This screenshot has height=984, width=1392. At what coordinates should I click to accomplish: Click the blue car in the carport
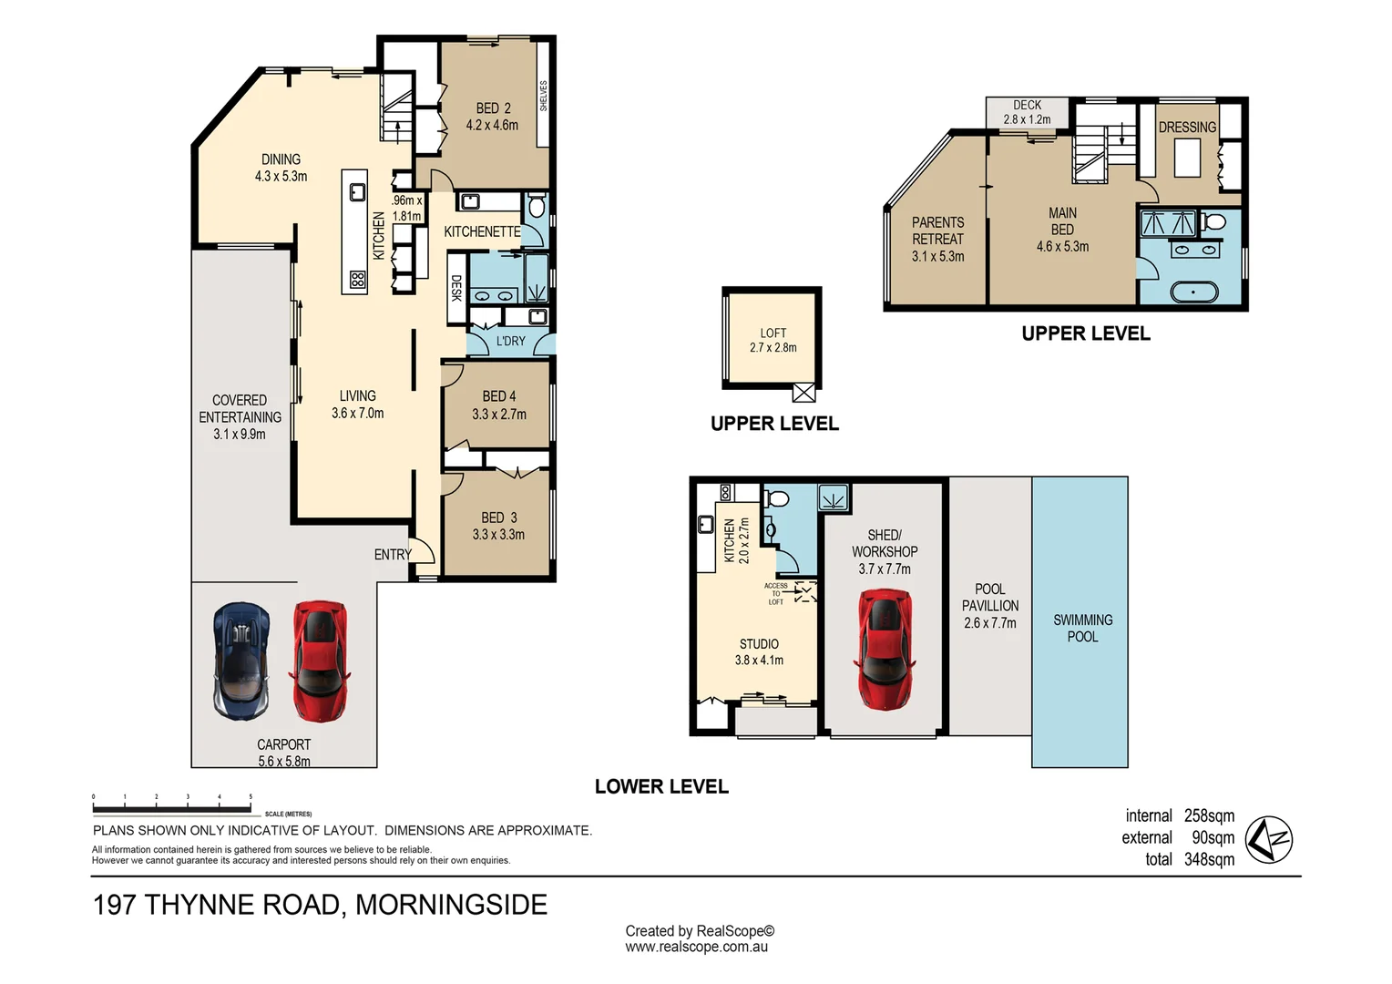pos(241,661)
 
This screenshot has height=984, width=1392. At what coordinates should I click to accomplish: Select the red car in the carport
pos(320,661)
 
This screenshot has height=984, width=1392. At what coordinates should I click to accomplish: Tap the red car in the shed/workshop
pos(885,649)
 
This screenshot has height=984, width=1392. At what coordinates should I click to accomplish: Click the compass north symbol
pos(1269,839)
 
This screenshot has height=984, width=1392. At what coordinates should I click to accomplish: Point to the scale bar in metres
pos(172,807)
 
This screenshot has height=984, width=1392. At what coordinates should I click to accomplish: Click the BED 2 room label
pos(493,117)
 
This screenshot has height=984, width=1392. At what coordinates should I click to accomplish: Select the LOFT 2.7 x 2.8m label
pos(773,340)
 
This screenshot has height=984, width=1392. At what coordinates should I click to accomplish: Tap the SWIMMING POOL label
pos(1082,628)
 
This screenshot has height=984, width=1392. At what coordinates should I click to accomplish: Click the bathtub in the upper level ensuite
pos(1193,292)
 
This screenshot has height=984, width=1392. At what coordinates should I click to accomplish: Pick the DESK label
pos(456,288)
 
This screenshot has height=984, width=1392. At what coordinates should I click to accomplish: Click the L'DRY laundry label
pos(510,341)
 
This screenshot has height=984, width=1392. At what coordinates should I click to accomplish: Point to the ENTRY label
pos(393,554)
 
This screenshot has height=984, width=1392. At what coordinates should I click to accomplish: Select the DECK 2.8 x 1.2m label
pos(1027,112)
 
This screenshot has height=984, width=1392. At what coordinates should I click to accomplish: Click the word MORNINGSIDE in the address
pos(451,905)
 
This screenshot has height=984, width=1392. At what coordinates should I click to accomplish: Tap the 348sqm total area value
pos(1209,859)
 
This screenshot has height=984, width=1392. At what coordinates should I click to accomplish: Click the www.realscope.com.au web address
pos(696,947)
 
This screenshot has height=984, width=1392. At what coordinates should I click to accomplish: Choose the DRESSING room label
pos(1187,128)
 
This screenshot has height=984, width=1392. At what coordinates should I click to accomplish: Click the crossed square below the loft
pos(803,393)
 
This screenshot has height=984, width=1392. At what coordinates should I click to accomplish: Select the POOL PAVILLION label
pos(990,606)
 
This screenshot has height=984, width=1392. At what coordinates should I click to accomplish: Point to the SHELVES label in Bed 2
pos(544,96)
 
